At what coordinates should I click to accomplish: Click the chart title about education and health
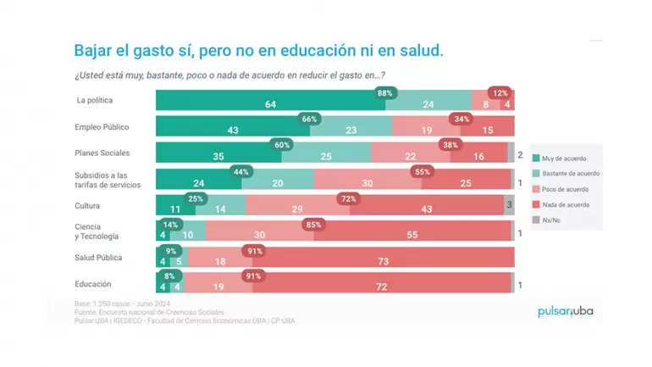(x=258, y=50)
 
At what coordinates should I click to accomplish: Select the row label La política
(x=96, y=102)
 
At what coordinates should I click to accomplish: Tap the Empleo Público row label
(x=102, y=126)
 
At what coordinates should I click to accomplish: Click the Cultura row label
(x=89, y=205)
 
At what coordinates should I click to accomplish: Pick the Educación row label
(x=93, y=284)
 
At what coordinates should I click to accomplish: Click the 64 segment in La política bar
(x=270, y=104)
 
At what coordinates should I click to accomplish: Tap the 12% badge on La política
(x=500, y=92)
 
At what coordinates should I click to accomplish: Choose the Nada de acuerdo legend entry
(x=566, y=204)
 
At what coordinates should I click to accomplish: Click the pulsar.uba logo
(x=566, y=312)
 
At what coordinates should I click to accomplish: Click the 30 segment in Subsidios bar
(x=367, y=183)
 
